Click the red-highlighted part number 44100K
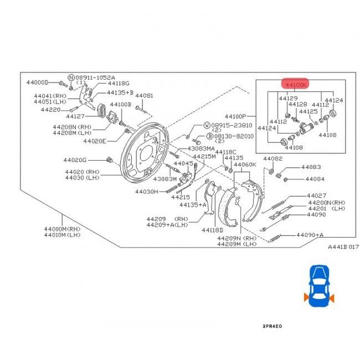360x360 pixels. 295,85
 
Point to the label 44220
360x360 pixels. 50,110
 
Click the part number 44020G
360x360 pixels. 90,161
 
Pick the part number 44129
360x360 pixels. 288,98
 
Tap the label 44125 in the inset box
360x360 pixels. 308,111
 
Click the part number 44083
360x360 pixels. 311,167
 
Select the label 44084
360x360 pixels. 315,179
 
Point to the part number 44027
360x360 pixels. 317,196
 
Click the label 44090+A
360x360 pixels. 310,235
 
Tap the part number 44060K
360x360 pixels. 244,164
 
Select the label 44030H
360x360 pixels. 146,192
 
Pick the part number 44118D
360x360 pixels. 212,230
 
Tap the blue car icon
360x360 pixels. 318,286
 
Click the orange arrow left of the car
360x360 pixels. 305,298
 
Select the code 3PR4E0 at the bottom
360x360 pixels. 272,327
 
